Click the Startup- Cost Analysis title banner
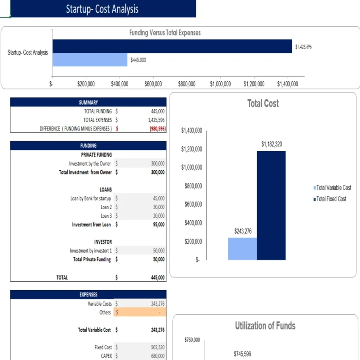coord(102,9)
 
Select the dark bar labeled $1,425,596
coord(172,46)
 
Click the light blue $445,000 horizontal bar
coord(90,60)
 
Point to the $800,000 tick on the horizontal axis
coord(186,84)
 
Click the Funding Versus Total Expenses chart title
coord(165,33)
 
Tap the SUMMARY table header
coord(88,102)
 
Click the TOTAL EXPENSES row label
coord(97,120)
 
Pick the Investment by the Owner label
coord(90,163)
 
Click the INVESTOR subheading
coord(103,242)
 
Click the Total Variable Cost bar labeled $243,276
coord(242,249)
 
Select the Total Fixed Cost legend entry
coord(331,199)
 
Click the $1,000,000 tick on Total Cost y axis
coord(191,167)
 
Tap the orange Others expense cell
coord(140,313)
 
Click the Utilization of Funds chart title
coord(265,326)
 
